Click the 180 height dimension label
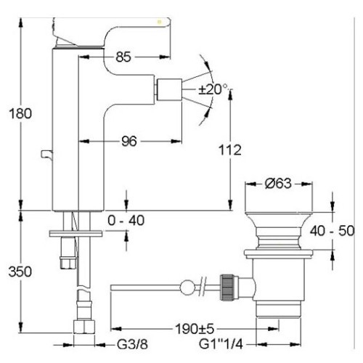coord(20,113)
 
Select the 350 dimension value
coord(20,272)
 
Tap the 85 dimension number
coord(123,57)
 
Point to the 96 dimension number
coord(129,141)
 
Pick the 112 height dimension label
coord(230,150)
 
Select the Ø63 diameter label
coord(278,184)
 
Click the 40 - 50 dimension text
coord(332,231)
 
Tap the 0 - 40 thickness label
coord(126,221)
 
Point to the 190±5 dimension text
coord(195,329)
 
